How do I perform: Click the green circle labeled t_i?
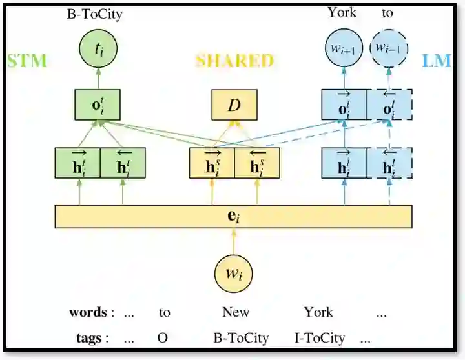(98, 47)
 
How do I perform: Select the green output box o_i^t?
(98, 105)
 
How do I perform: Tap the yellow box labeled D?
(234, 105)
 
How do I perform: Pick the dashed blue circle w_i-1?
(389, 47)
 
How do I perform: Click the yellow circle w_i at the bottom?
(233, 274)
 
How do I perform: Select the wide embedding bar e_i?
(233, 216)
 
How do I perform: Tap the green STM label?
(26, 61)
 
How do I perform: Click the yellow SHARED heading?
(234, 61)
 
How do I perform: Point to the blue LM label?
(436, 61)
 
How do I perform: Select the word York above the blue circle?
(342, 12)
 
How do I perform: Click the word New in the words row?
(236, 312)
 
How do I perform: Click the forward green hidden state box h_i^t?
(77, 163)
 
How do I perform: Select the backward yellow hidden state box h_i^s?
(257, 163)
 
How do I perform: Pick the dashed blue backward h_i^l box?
(389, 163)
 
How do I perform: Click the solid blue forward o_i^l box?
(344, 105)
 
